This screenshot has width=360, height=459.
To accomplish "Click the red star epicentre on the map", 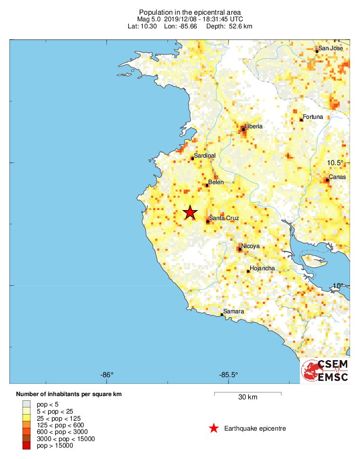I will click(190, 212).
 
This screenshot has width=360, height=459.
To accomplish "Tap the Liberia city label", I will click(253, 126).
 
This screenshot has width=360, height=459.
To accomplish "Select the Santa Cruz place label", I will click(224, 218).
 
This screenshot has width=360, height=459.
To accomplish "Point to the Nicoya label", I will click(250, 246).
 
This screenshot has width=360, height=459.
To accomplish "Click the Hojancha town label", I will click(262, 268).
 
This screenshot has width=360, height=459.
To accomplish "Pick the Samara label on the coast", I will click(234, 311).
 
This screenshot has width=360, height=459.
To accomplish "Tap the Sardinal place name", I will click(205, 155).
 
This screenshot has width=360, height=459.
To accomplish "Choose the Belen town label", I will click(216, 182).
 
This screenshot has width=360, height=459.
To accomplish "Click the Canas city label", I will click(337, 177).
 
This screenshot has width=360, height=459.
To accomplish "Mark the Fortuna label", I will click(313, 117).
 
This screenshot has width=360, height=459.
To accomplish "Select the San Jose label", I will click(330, 48).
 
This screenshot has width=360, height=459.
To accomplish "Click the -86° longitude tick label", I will click(107, 375).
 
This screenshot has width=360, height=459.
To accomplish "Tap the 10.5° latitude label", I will click(335, 163).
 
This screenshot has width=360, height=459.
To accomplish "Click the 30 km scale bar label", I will click(247, 397).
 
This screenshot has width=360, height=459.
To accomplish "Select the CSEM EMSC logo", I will click(325, 371).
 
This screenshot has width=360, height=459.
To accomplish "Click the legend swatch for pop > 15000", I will click(26, 445).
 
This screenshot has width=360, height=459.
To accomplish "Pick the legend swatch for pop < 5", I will click(26, 404).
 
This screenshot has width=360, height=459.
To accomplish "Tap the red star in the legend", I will click(214, 429).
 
